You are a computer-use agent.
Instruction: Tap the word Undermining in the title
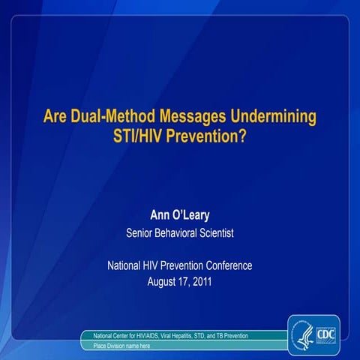pos(269,118)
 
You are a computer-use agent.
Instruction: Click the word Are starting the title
pos(55,118)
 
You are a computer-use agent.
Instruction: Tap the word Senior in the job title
pos(140,233)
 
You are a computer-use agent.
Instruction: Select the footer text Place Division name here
pos(121,346)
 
